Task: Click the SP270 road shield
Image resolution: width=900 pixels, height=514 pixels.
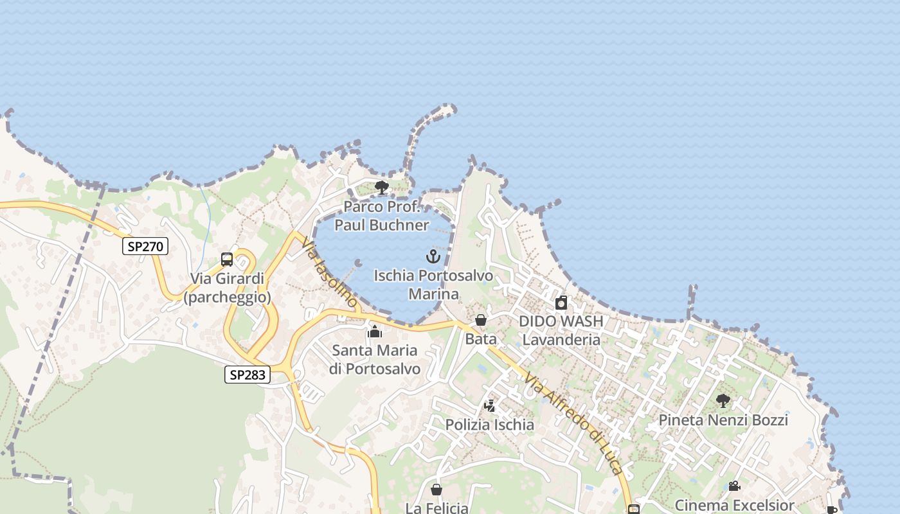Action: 145,246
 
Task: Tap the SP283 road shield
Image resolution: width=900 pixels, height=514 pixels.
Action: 248,375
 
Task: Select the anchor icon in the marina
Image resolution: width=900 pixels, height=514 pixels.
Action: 433,257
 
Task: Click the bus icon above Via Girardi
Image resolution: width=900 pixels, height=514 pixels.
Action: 227,260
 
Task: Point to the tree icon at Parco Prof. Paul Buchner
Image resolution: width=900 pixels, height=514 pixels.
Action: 382,188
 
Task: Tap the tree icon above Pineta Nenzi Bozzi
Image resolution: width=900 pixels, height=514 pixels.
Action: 723,401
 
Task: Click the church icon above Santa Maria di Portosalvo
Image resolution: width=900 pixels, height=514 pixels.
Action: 375,332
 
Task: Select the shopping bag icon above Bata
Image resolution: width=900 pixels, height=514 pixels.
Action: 481,320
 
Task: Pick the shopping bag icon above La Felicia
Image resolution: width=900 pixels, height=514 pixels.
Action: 437,490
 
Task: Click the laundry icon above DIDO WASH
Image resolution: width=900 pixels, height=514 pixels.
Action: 561,303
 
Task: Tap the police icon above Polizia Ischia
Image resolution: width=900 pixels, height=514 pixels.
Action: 490,406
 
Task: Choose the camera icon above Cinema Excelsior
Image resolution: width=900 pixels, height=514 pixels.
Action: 734,486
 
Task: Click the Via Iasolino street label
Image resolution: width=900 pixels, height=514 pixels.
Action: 329,272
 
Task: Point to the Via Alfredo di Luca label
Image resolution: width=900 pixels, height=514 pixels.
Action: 573,424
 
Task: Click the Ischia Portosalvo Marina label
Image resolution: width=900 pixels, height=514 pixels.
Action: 434,285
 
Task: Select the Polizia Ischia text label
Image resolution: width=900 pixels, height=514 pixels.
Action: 490,425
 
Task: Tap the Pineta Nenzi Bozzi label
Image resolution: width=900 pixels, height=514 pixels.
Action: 723,420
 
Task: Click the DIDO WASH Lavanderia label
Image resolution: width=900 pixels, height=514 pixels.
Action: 561,330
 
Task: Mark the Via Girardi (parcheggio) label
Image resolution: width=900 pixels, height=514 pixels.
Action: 228,288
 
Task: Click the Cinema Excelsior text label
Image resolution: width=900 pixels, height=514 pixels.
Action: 734,505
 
